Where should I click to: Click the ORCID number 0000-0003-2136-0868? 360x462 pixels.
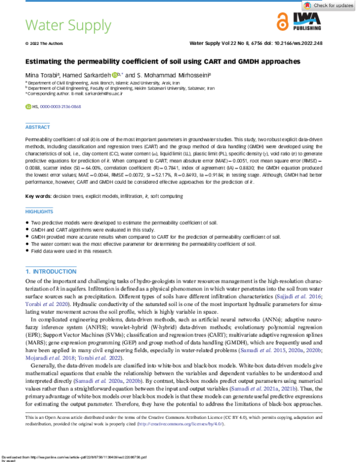[x=59, y=106]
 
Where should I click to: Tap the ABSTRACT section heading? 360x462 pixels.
[x=37, y=127]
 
